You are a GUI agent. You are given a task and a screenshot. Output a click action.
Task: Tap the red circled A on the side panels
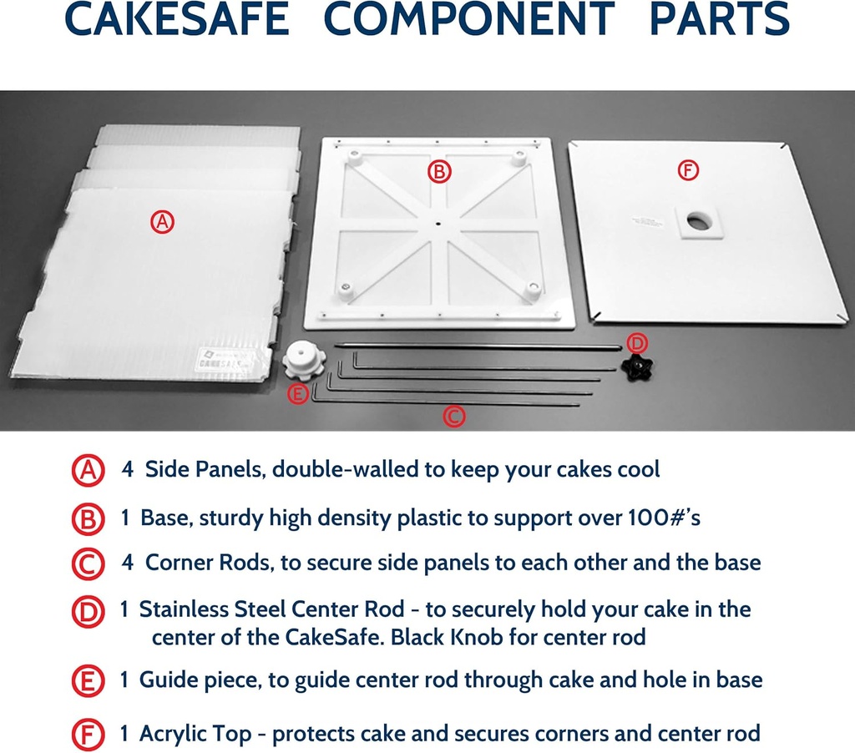162,221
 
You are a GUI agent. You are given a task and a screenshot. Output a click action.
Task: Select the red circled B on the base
438,172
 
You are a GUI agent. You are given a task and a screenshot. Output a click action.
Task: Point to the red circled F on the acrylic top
687,171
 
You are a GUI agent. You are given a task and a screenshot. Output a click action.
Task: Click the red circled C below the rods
453,416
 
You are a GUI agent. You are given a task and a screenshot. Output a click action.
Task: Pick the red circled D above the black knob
636,343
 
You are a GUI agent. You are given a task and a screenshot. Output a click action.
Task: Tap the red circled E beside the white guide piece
298,394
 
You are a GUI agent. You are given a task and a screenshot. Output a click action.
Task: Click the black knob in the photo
638,366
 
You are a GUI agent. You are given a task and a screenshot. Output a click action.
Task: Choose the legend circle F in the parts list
88,735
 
